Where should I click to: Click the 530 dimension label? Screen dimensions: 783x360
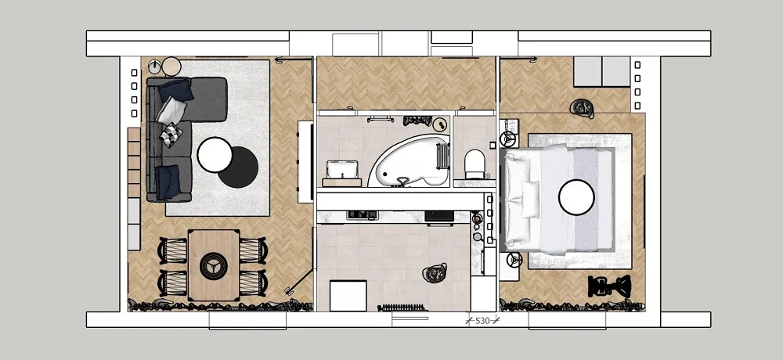pos(482,321)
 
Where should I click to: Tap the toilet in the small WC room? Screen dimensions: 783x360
pos(474,164)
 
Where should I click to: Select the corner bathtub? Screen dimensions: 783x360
pos(409,160)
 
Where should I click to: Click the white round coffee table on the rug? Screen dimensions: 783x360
pos(215,155)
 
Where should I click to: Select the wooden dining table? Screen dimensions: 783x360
pos(214,265)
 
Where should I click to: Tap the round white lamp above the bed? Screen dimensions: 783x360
pos(576,197)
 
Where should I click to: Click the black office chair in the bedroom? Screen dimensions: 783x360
pos(609,286)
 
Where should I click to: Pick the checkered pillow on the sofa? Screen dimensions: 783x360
pos(171,135)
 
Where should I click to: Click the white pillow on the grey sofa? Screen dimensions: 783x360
pos(171,110)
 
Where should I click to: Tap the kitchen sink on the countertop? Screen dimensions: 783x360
pos(363,215)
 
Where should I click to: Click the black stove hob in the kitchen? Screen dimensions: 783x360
pos(439,216)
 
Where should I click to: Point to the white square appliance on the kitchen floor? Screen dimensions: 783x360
pos(348,296)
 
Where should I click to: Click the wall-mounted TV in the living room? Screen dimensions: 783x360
pos(305,161)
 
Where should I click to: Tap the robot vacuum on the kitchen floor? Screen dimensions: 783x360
pos(435,272)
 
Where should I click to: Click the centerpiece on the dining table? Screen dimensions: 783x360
pos(214,265)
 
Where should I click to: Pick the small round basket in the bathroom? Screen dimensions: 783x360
pos(439,124)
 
